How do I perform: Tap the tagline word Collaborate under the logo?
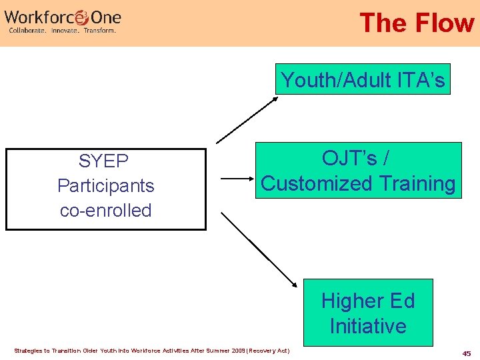[27, 31]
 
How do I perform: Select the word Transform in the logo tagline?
[100, 31]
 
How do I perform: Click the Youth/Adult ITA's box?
[363, 80]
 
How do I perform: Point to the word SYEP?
[104, 161]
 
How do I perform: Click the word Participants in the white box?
[105, 186]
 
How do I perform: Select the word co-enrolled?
[105, 211]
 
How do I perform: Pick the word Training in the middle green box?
[416, 183]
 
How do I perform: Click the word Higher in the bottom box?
[346, 301]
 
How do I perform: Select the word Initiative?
[367, 327]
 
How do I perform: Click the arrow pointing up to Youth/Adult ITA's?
[247, 119]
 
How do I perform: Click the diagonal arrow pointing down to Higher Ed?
[259, 249]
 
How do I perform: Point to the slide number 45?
[467, 353]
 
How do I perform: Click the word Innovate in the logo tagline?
[64, 31]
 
